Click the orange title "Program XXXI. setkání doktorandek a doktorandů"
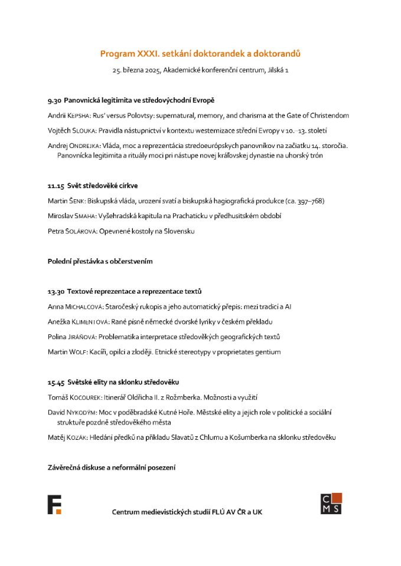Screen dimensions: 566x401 pyautogui.click(x=200, y=54)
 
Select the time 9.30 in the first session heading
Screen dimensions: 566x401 pyautogui.click(x=54, y=100)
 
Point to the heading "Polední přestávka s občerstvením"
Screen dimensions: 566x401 pyautogui.click(x=104, y=261)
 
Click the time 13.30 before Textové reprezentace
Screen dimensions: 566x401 pyautogui.click(x=56, y=291)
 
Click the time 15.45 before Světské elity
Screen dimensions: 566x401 pyautogui.click(x=56, y=382)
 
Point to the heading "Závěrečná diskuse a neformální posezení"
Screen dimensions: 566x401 pyautogui.click(x=112, y=468)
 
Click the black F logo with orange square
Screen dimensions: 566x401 pyautogui.click(x=54, y=505)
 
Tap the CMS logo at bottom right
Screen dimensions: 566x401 pyautogui.click(x=331, y=504)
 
